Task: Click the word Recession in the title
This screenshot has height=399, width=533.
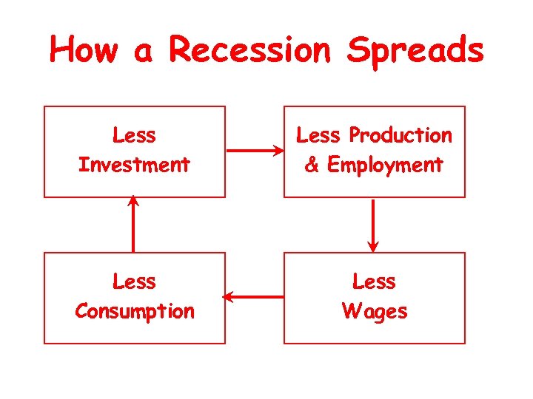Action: coord(249,50)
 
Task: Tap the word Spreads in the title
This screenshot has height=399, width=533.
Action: coord(415,52)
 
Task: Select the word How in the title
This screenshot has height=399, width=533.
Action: coord(82,50)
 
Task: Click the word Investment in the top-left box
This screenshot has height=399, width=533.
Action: coord(134,165)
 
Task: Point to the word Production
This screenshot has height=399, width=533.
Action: coord(400,135)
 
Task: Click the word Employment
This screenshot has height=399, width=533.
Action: coord(384,165)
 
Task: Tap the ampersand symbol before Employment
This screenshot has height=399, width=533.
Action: coord(312,165)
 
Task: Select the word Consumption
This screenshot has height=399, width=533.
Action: coord(134,311)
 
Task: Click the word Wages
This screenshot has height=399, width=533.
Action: coord(374,311)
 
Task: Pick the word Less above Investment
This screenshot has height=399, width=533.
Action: coord(134,135)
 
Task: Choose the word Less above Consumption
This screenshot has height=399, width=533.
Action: coord(134,282)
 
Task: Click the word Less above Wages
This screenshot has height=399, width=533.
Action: coord(374,282)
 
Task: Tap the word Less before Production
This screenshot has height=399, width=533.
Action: coord(318,135)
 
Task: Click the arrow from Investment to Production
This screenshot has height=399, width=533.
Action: coord(255,151)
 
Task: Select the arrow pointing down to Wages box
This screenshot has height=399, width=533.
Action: coord(373,225)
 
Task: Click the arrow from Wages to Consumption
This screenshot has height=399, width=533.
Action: coord(254,297)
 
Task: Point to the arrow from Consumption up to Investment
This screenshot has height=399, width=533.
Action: coord(133,225)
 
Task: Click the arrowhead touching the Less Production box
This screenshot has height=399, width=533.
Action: coord(279,151)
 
